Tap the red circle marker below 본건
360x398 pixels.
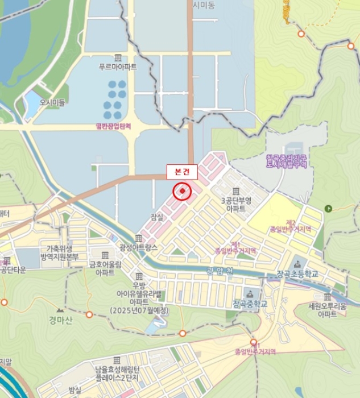182,192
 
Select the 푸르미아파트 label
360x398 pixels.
118,67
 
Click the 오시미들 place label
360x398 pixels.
52,103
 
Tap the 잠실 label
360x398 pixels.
157,217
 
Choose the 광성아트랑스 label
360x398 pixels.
138,247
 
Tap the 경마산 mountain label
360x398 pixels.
61,320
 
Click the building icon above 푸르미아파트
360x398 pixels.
118,57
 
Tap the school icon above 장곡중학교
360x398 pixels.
249,293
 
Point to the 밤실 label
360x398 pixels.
75,390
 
